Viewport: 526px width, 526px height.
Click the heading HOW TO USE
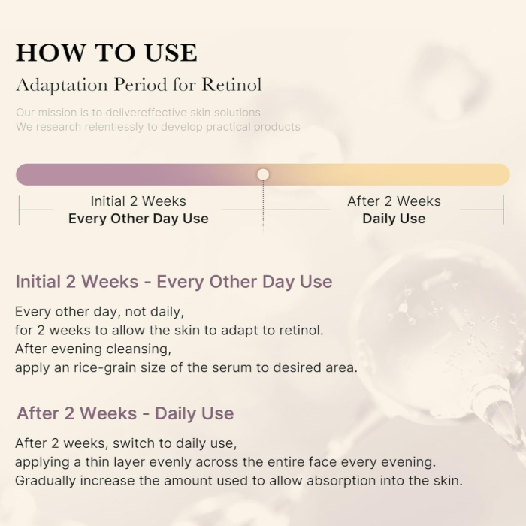click(x=106, y=53)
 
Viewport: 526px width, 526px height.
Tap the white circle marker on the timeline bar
click(x=263, y=174)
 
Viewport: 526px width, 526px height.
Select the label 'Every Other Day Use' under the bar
click(x=138, y=219)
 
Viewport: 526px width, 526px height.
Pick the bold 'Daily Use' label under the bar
click(x=394, y=219)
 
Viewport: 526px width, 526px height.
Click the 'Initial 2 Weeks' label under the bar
click(x=138, y=201)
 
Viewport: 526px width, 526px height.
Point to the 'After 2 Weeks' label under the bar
click(x=394, y=201)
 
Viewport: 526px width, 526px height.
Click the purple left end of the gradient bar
click(x=30, y=174)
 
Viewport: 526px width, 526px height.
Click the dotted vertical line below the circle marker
click(x=263, y=207)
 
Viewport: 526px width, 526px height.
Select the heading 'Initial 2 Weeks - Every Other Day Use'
click(x=174, y=282)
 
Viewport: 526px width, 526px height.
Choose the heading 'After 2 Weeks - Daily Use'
click(x=125, y=413)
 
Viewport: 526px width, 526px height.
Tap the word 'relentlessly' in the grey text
click(x=115, y=127)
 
